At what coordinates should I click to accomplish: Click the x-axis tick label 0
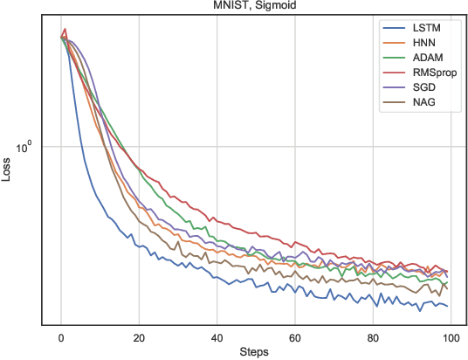pos(61,337)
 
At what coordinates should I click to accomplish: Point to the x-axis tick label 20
pos(139,337)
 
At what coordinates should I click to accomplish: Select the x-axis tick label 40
pos(217,337)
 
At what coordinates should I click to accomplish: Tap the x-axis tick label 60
pos(295,337)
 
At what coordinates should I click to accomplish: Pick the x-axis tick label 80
pos(373,337)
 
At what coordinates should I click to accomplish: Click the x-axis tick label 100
pos(451,337)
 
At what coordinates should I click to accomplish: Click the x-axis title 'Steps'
pos(255,352)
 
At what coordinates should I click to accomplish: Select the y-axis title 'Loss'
pos(7,170)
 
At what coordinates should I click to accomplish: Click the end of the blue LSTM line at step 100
pos(447,306)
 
